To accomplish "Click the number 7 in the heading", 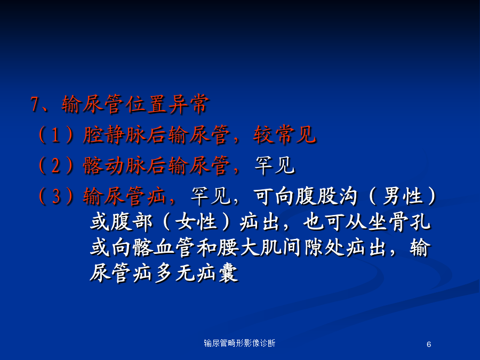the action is [34, 104].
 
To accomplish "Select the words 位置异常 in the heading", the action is [168, 105].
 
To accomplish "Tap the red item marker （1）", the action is [55, 135].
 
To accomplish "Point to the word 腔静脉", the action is [114, 135].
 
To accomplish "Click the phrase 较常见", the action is [284, 135].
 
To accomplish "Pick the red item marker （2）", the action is [55, 165].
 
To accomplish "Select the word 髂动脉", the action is [114, 165].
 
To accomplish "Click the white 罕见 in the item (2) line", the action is [274, 165].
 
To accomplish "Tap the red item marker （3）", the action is [55, 196].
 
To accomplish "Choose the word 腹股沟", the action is [326, 196].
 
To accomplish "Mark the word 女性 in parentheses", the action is [196, 222].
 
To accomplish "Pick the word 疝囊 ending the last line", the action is [217, 273].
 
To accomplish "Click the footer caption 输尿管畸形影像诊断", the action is [239, 343].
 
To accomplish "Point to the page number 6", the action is [429, 345].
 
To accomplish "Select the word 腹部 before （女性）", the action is [132, 222].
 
